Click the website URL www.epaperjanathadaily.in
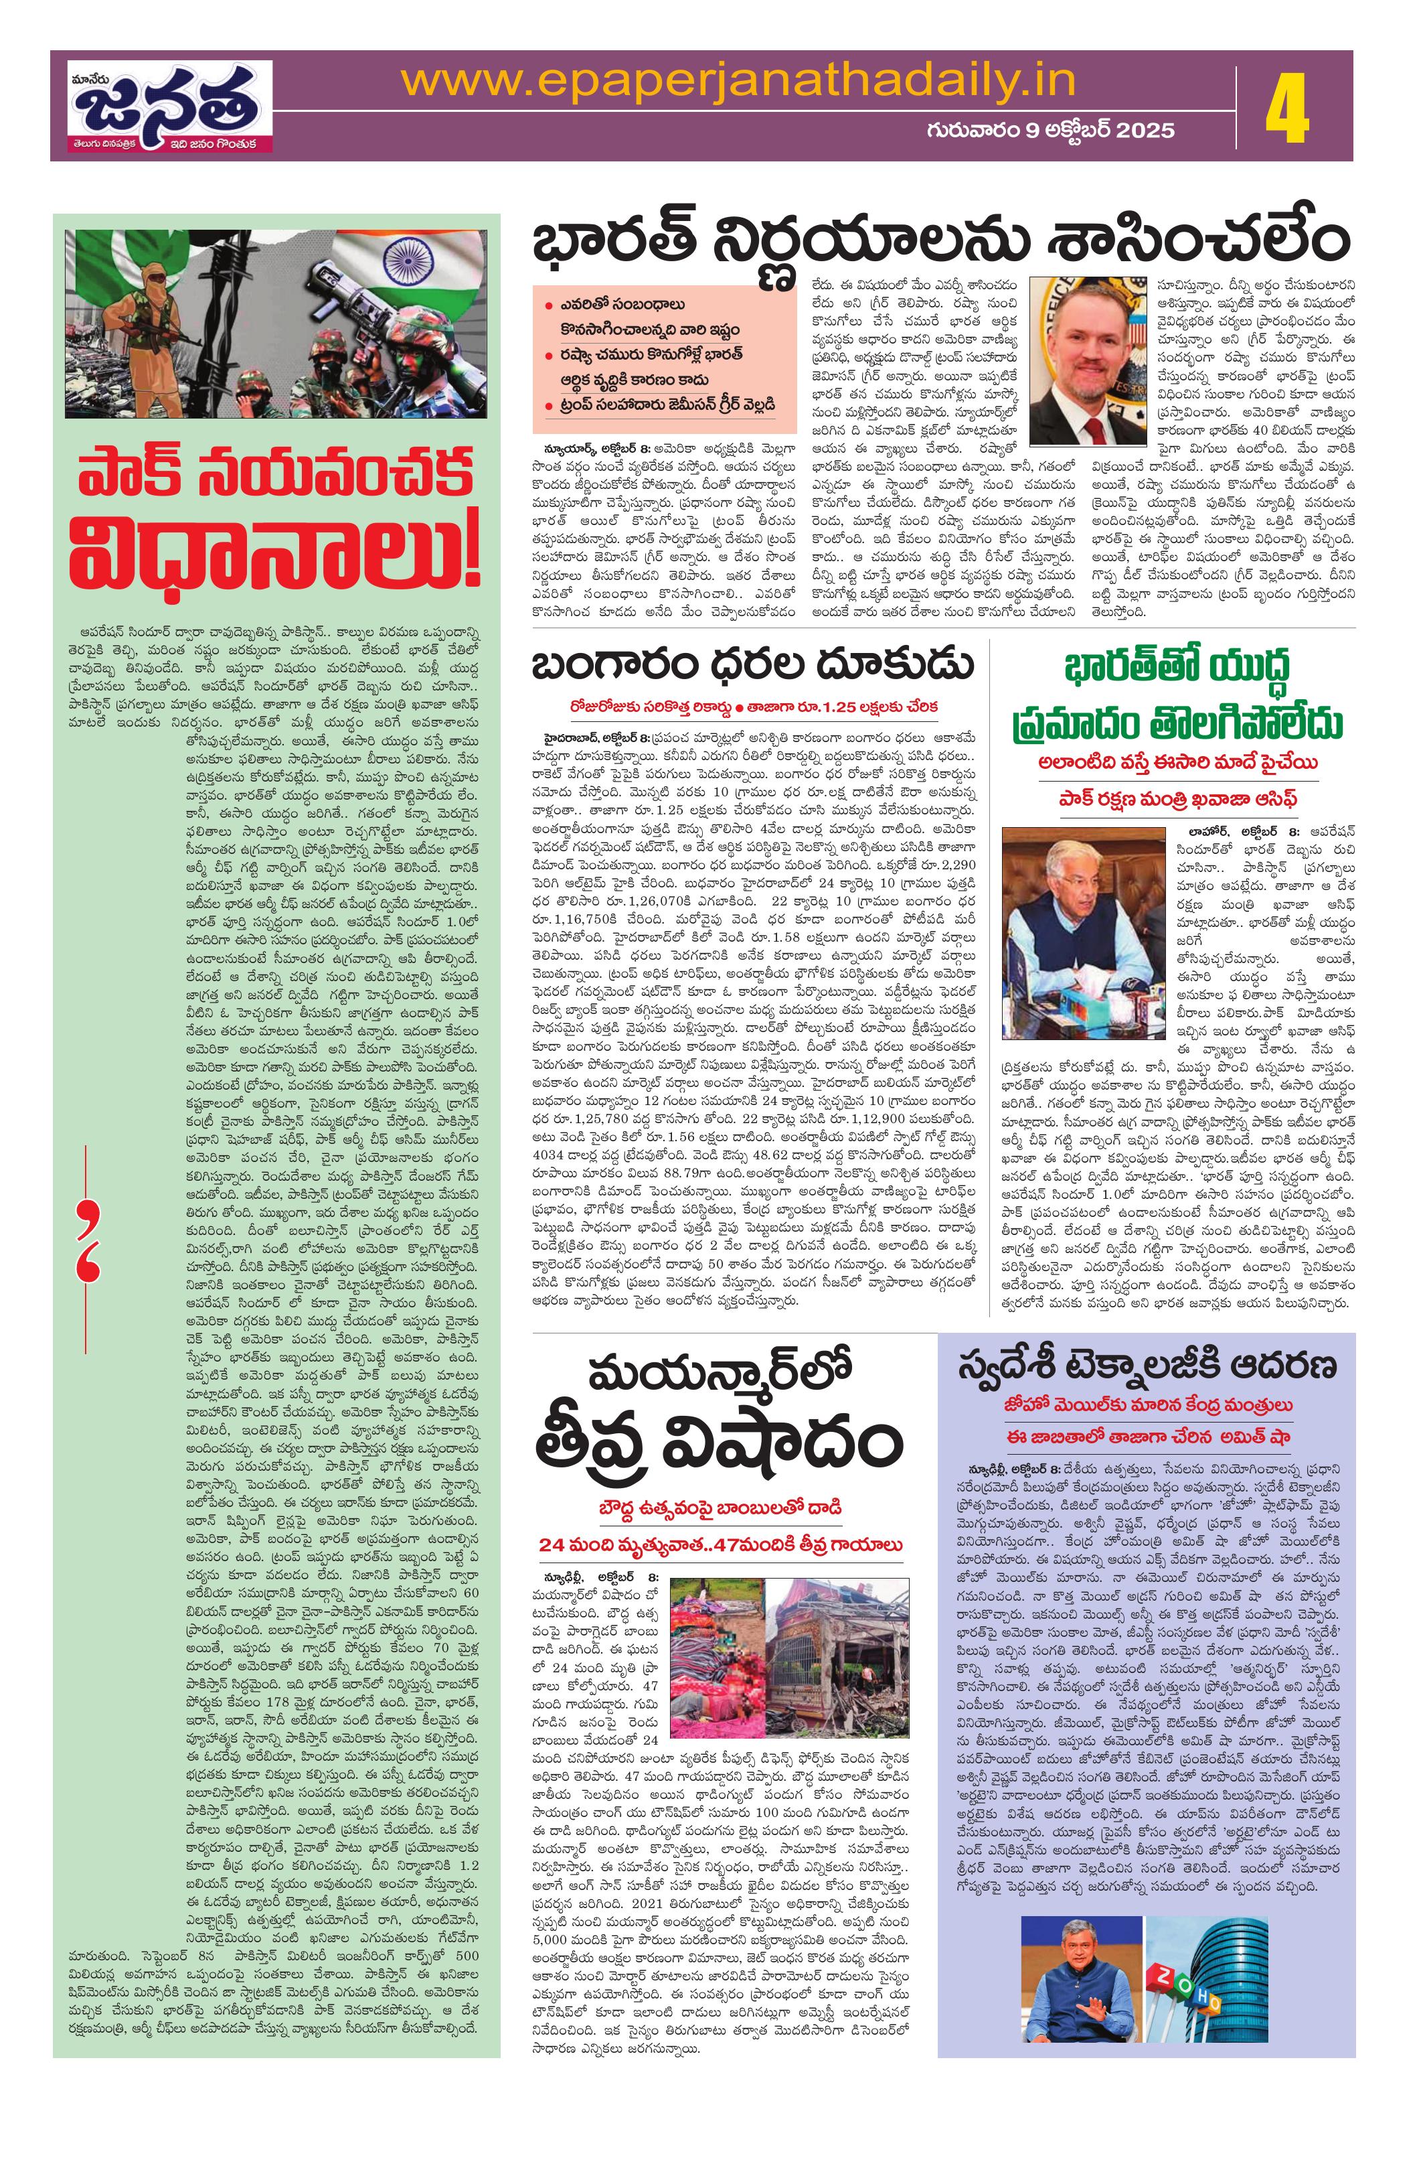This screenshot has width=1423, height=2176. point(738,82)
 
